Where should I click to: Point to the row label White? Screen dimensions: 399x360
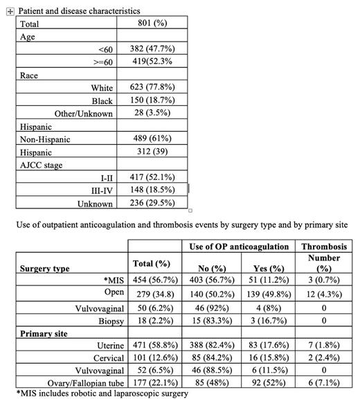point(102,88)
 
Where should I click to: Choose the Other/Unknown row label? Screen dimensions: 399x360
point(84,114)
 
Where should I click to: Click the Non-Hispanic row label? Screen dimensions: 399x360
point(45,139)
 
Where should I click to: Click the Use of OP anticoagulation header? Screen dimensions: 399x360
point(240,246)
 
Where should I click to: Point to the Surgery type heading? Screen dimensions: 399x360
point(45,268)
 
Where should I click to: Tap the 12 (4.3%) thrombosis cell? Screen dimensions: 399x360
point(324,294)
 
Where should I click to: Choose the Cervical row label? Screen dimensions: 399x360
point(105,357)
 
